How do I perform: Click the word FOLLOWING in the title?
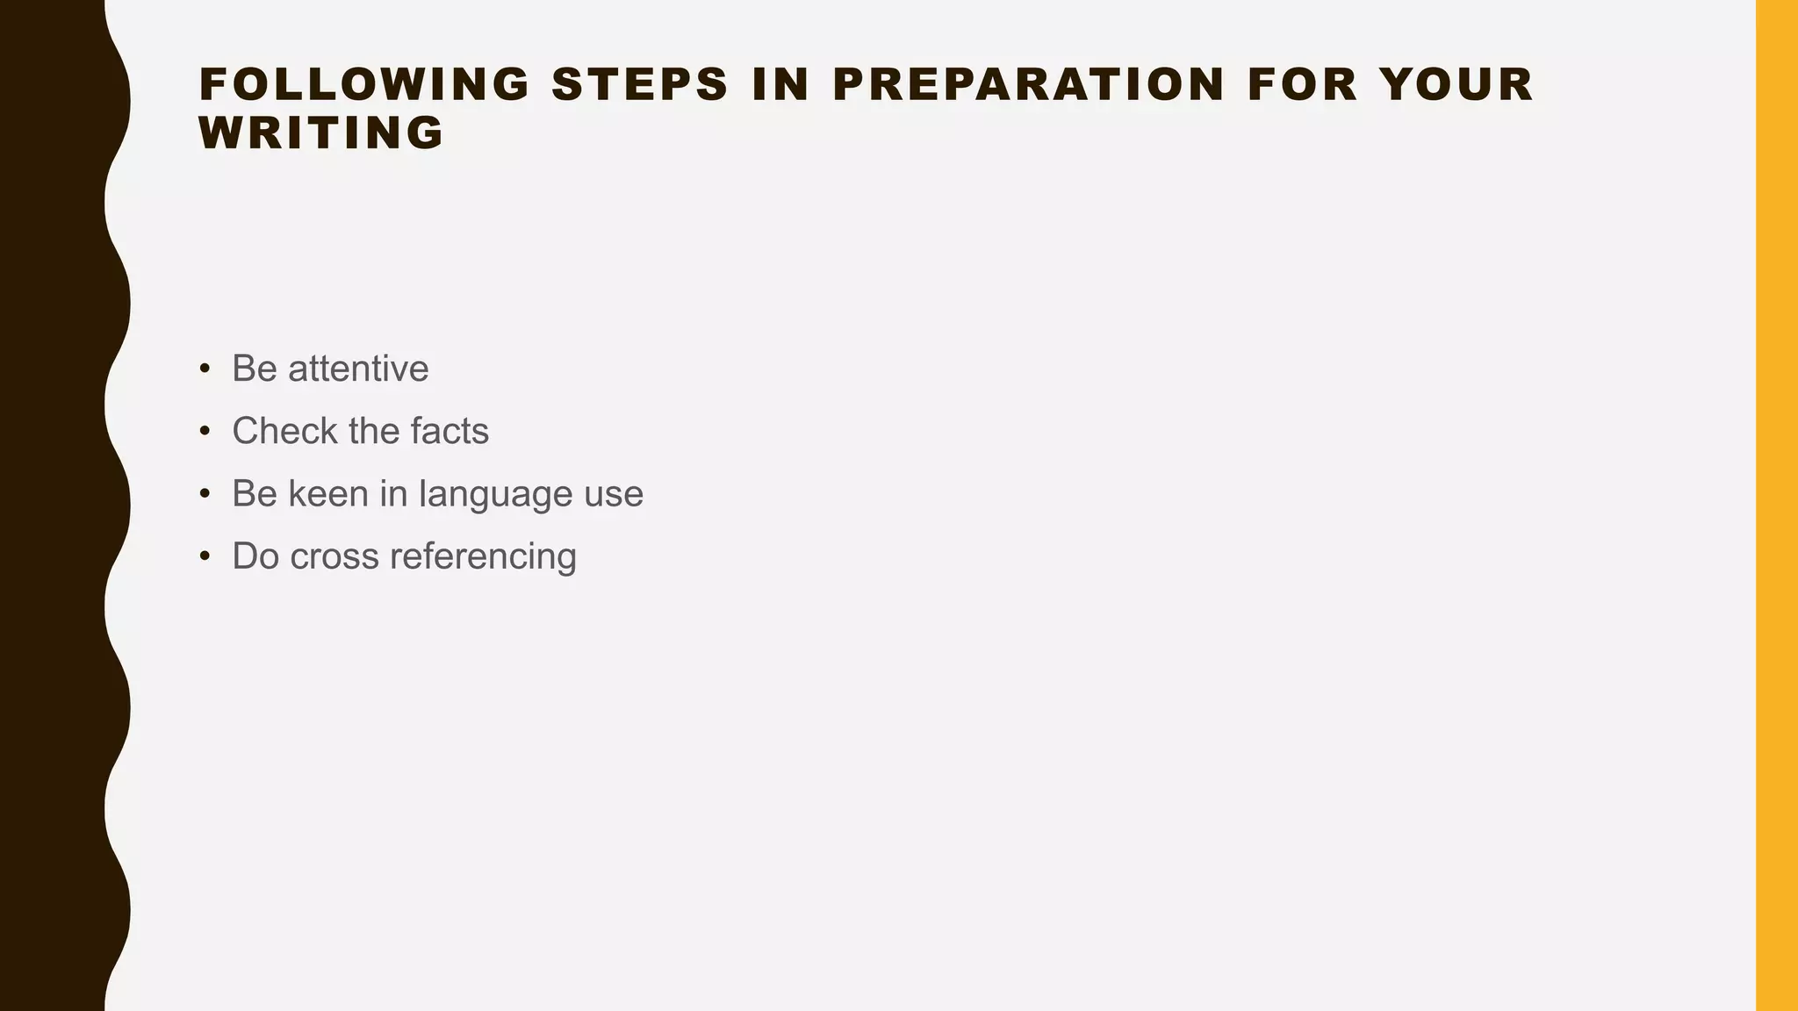364,85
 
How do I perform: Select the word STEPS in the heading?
640,85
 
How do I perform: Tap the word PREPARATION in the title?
1028,85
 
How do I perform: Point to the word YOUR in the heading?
1456,85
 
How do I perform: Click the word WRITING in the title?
322,133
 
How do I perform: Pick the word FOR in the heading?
1302,85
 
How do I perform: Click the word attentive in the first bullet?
358,369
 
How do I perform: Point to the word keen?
328,493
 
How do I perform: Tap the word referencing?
483,557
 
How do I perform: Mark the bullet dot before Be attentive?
205,369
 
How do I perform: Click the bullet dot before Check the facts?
205,431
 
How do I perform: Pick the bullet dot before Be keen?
205,493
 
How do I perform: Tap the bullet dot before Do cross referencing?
205,556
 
